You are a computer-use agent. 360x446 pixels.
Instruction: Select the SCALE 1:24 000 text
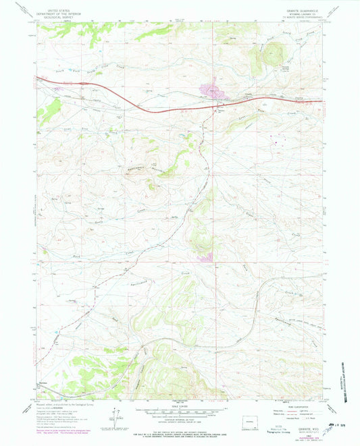[x=179, y=406]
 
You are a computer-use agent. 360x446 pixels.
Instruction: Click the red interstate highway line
[x=169, y=108]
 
